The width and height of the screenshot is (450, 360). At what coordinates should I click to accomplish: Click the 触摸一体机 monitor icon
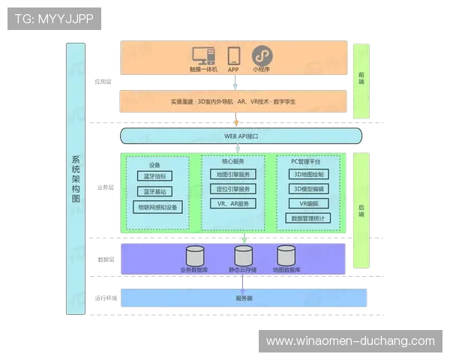[x=202, y=56]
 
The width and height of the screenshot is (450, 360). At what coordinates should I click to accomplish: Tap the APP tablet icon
[x=233, y=56]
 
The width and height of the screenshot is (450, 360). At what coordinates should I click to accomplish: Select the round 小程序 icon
[x=261, y=55]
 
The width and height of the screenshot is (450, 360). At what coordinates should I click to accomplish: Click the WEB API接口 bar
[x=241, y=136]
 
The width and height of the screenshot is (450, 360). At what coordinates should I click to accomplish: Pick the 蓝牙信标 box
[x=154, y=176]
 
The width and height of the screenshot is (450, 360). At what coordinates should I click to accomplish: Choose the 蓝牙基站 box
[x=154, y=191]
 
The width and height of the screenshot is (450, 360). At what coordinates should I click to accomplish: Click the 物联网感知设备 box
[x=157, y=206]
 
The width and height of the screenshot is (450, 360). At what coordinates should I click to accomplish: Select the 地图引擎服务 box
[x=232, y=175]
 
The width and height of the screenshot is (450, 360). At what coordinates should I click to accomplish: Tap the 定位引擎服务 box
[x=232, y=189]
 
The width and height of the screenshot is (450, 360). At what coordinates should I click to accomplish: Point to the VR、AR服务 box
[x=232, y=203]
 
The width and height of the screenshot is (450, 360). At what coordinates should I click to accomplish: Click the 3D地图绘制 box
[x=308, y=174]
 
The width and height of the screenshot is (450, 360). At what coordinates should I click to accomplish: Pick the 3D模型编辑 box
[x=308, y=189]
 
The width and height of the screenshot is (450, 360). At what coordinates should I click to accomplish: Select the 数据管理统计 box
[x=308, y=218]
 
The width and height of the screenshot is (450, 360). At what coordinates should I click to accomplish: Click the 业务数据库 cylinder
[x=194, y=255]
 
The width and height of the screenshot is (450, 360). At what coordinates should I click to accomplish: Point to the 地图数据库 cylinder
[x=286, y=255]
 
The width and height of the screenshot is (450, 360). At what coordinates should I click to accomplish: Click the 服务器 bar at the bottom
[x=244, y=298]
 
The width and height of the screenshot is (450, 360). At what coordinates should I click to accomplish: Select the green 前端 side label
[x=361, y=80]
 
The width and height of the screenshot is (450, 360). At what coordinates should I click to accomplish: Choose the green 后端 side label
[x=361, y=211]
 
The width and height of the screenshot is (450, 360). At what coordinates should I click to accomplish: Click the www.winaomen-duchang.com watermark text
[x=350, y=341]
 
